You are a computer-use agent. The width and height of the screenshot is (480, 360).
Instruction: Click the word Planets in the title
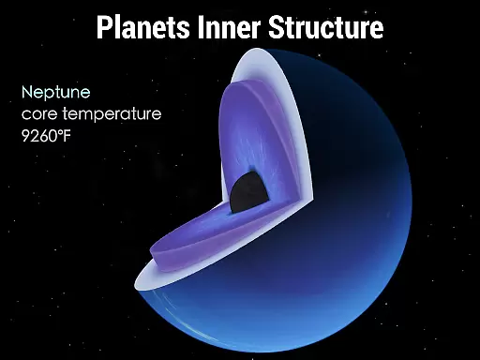(x=143, y=27)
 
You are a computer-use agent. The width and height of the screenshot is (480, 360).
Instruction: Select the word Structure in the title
(x=325, y=27)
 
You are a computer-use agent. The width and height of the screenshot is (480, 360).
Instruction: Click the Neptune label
(x=56, y=93)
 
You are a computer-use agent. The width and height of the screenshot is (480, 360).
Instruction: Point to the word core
(x=39, y=113)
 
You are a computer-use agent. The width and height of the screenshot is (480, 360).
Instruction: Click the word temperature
(x=112, y=114)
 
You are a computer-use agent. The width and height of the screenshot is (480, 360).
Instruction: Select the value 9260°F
(x=46, y=136)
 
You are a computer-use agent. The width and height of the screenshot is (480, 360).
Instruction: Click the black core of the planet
(x=249, y=191)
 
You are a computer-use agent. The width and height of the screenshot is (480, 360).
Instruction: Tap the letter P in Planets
(x=104, y=27)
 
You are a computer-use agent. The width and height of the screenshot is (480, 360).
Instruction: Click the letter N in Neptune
(x=27, y=92)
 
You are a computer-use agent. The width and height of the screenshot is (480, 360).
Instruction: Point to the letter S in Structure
(x=276, y=27)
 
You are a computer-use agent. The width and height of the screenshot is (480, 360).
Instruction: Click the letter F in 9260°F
(x=67, y=136)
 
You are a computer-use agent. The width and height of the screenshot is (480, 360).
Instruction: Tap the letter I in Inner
(x=201, y=27)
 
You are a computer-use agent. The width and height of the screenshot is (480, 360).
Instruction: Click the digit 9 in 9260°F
(x=25, y=136)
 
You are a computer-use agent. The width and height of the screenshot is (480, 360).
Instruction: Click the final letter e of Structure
(x=377, y=31)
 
